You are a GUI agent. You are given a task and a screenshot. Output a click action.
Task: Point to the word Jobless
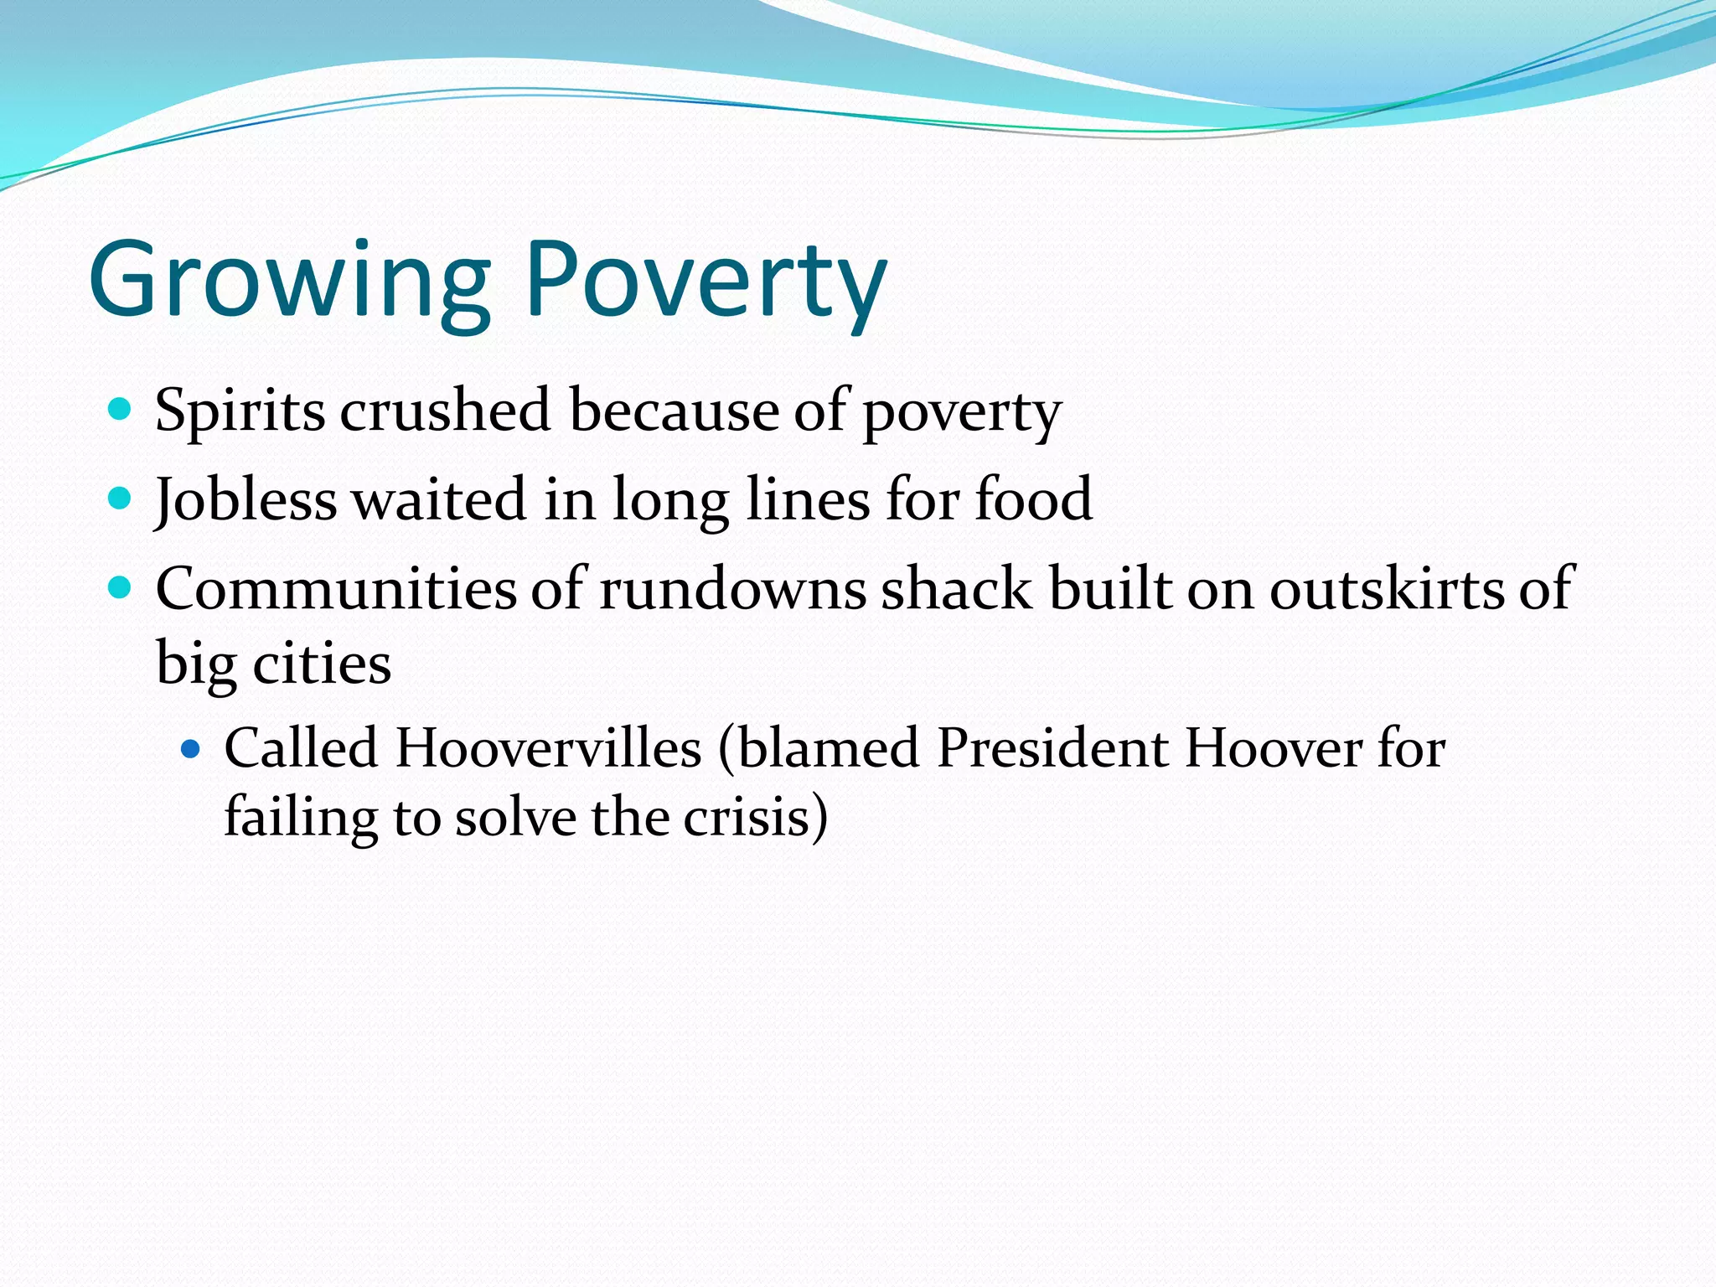pyautogui.click(x=246, y=500)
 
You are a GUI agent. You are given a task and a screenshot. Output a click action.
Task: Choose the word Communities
pyautogui.click(x=336, y=589)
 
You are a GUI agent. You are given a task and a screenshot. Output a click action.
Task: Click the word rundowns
pyautogui.click(x=732, y=589)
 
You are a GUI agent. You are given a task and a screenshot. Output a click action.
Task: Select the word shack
pyautogui.click(x=956, y=589)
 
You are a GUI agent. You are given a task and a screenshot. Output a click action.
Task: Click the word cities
pyautogui.click(x=322, y=664)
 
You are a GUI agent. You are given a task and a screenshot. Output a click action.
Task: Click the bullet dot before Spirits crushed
pyautogui.click(x=121, y=410)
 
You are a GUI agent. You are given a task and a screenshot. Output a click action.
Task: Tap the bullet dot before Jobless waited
pyautogui.click(x=121, y=499)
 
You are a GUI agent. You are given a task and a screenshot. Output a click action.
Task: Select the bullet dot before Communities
pyautogui.click(x=121, y=587)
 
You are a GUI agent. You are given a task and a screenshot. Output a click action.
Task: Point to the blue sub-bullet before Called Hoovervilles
pyautogui.click(x=191, y=747)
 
